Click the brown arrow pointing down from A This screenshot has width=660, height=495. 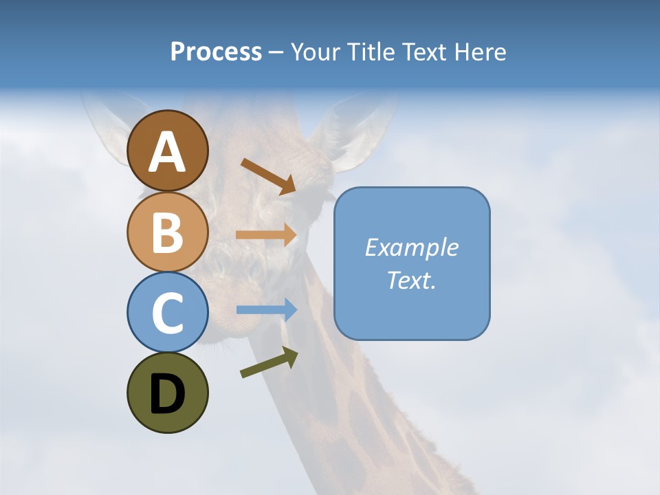coord(268,175)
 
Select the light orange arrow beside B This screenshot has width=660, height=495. coord(265,234)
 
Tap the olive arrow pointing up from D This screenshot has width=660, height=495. coord(269,362)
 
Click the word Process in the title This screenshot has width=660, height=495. coord(216,52)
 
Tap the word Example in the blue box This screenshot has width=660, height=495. coord(411,247)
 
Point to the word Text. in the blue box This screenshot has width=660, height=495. coord(411,280)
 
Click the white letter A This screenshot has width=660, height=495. coord(168,152)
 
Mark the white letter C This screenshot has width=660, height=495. coord(167,313)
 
